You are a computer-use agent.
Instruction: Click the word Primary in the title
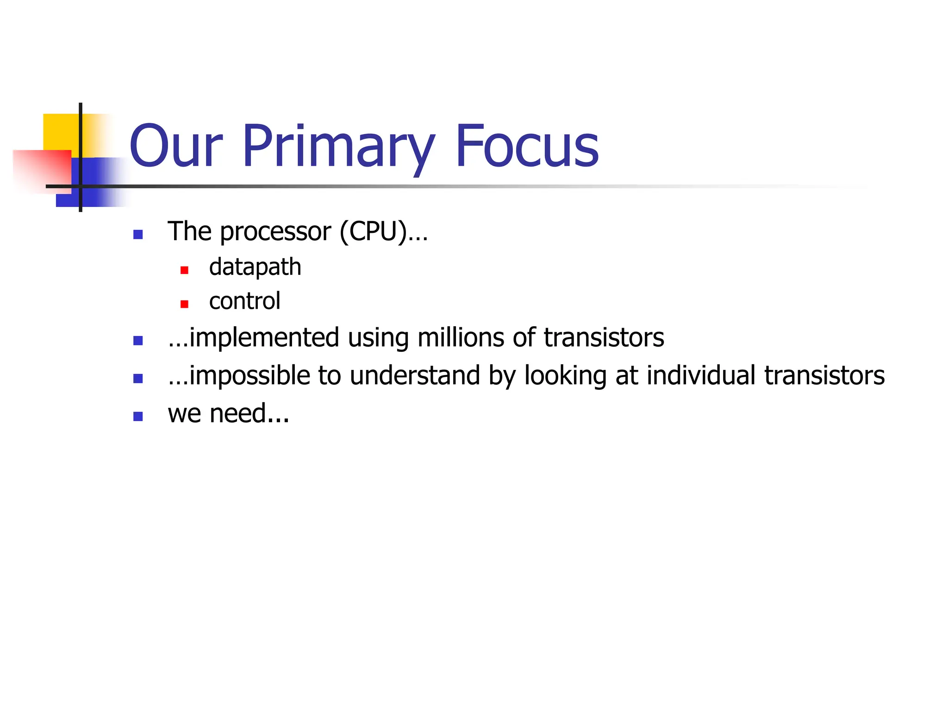[x=338, y=147]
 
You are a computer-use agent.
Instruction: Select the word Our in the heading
[x=176, y=147]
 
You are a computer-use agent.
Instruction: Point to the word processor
[x=275, y=232]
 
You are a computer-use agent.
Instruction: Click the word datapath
[x=255, y=268]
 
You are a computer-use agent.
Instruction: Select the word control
[x=244, y=301]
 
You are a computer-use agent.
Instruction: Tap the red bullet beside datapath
[x=184, y=270]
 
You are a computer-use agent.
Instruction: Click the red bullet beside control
[x=184, y=304]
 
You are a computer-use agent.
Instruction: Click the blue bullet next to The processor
[x=138, y=235]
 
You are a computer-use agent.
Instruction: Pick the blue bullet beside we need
[x=138, y=417]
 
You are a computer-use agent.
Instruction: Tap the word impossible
[x=249, y=376]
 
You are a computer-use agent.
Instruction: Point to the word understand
[x=415, y=375]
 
